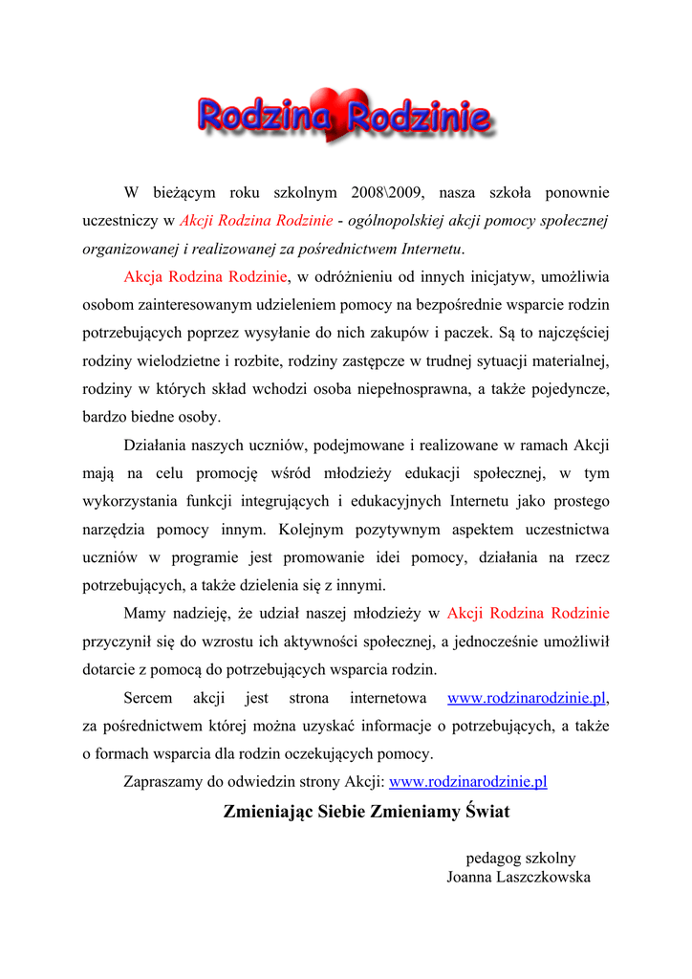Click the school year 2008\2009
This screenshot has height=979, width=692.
click(x=387, y=192)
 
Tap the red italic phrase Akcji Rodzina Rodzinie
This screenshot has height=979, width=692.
click(x=255, y=221)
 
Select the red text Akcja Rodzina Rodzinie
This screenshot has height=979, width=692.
click(x=205, y=277)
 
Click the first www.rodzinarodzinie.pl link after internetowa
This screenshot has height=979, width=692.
click(x=527, y=698)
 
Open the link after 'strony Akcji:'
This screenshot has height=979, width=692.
click(x=468, y=781)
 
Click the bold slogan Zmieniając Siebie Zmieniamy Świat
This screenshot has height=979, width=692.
click(x=366, y=812)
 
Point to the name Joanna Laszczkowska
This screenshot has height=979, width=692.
click(x=518, y=877)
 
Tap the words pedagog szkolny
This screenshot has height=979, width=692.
click(x=520, y=858)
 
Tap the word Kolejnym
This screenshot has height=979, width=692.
click(x=315, y=530)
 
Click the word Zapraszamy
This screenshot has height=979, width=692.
click(x=166, y=781)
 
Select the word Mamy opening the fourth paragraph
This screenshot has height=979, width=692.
click(x=144, y=613)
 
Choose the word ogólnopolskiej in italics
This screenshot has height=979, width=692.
click(x=394, y=221)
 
